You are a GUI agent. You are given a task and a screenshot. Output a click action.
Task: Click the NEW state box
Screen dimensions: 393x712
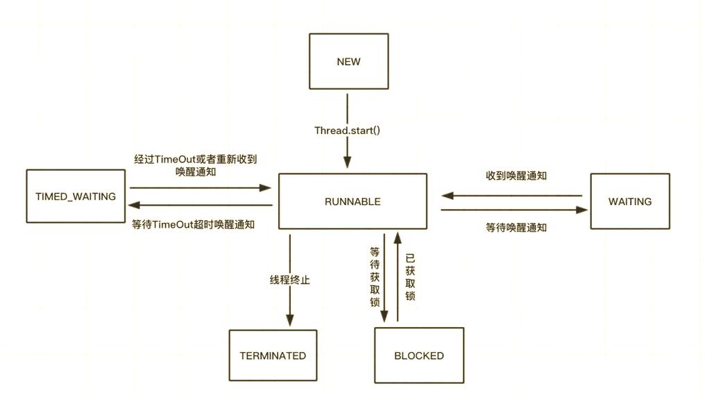click(x=348, y=61)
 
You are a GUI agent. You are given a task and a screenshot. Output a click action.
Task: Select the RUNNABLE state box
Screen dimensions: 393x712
click(x=353, y=201)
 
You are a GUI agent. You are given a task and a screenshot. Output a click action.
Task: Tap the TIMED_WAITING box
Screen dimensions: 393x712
click(x=76, y=196)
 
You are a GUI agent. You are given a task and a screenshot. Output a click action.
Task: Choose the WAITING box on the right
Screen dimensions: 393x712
click(x=629, y=201)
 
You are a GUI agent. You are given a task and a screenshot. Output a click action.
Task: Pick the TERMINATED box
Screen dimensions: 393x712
click(x=273, y=356)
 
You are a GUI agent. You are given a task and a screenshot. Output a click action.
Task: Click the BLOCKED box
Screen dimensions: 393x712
click(x=418, y=356)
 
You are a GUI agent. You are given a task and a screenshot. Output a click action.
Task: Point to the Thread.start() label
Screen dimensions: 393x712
click(x=347, y=130)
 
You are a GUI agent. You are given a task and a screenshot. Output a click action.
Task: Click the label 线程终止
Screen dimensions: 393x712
click(x=290, y=281)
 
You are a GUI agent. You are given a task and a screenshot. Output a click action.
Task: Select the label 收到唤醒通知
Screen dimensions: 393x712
click(x=516, y=176)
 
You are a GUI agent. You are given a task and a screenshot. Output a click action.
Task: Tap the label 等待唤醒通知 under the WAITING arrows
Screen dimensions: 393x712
click(x=516, y=227)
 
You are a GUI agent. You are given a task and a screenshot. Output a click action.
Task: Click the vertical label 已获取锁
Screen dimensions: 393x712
click(x=410, y=276)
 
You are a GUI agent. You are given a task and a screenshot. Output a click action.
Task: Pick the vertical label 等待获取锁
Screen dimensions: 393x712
click(x=375, y=276)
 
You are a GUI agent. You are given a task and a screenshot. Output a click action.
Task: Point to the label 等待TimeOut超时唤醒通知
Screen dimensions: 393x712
click(x=193, y=224)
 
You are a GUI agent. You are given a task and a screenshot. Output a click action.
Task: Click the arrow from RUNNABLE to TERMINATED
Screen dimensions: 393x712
click(x=290, y=306)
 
